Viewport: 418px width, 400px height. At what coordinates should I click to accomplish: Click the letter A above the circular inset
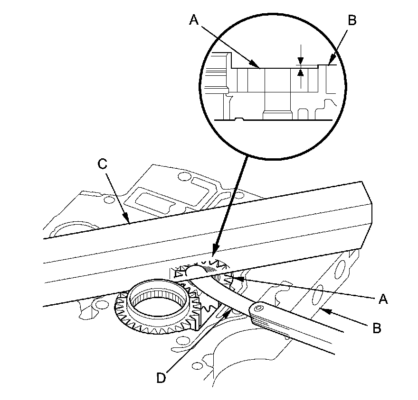point(193,19)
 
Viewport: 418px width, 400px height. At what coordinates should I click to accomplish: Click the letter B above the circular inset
point(352,20)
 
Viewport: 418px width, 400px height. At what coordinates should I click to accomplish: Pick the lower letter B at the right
point(376,328)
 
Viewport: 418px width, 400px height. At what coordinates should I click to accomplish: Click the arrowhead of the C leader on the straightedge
point(129,221)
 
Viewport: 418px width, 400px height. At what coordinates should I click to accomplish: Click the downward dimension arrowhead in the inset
point(300,62)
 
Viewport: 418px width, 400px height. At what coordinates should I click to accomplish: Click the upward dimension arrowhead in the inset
point(300,72)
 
